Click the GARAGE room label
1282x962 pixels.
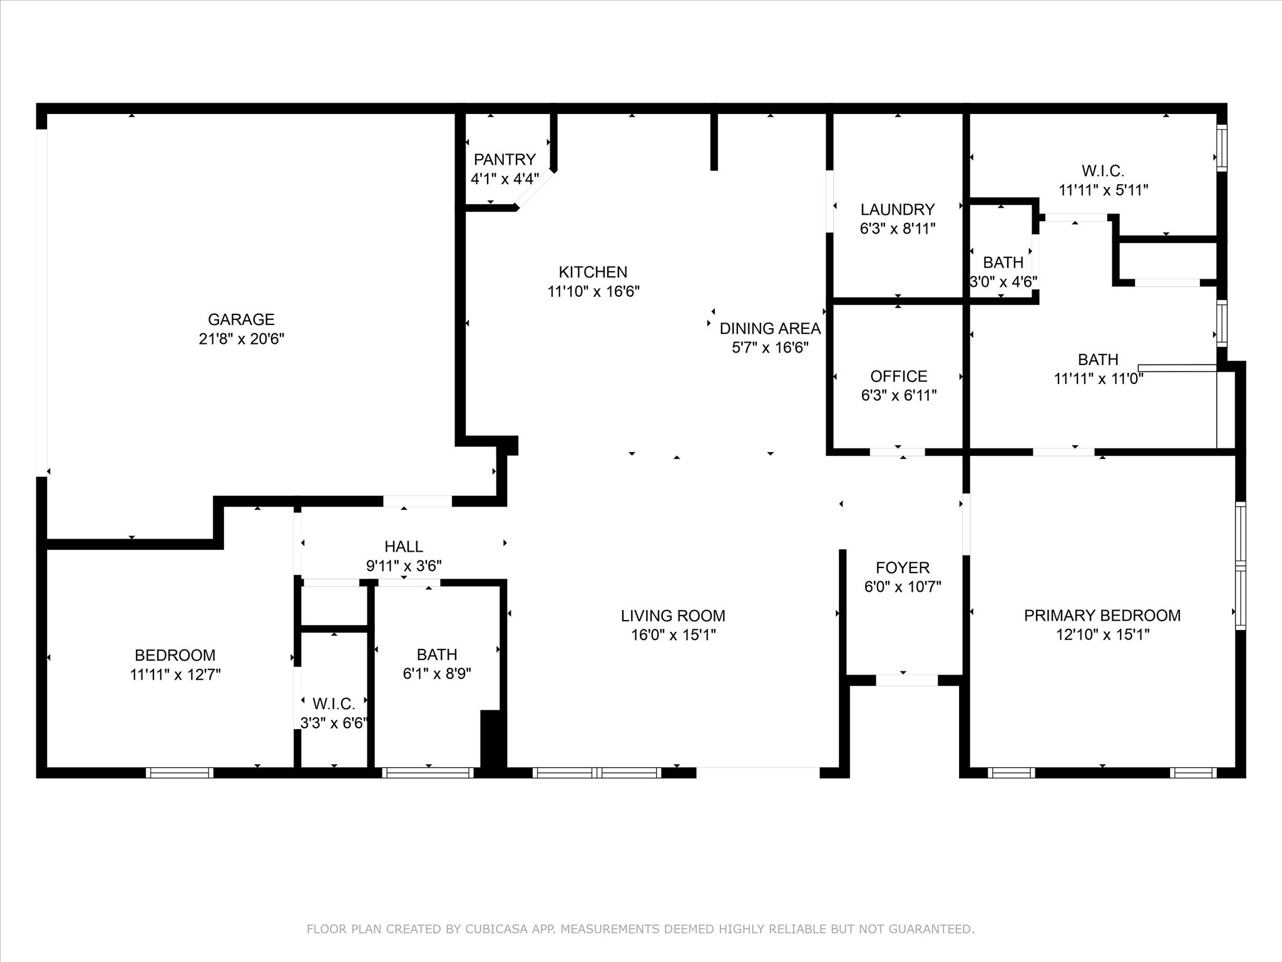(x=241, y=319)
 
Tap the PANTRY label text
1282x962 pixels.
(x=505, y=159)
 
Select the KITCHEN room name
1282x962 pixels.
(x=593, y=272)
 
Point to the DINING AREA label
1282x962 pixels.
(x=770, y=328)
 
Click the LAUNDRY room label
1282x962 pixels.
(x=898, y=209)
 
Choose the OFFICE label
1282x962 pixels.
(x=899, y=376)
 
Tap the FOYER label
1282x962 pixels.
(x=903, y=567)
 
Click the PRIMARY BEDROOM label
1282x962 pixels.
(x=1102, y=615)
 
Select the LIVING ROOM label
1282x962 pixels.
(x=673, y=616)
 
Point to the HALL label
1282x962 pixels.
(x=404, y=546)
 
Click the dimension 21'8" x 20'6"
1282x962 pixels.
(x=242, y=339)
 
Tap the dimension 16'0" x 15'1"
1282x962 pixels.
(x=673, y=635)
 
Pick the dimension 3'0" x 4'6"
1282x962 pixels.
(x=1003, y=282)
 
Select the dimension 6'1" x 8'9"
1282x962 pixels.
(x=436, y=673)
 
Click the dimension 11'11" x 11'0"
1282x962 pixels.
(x=1099, y=379)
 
